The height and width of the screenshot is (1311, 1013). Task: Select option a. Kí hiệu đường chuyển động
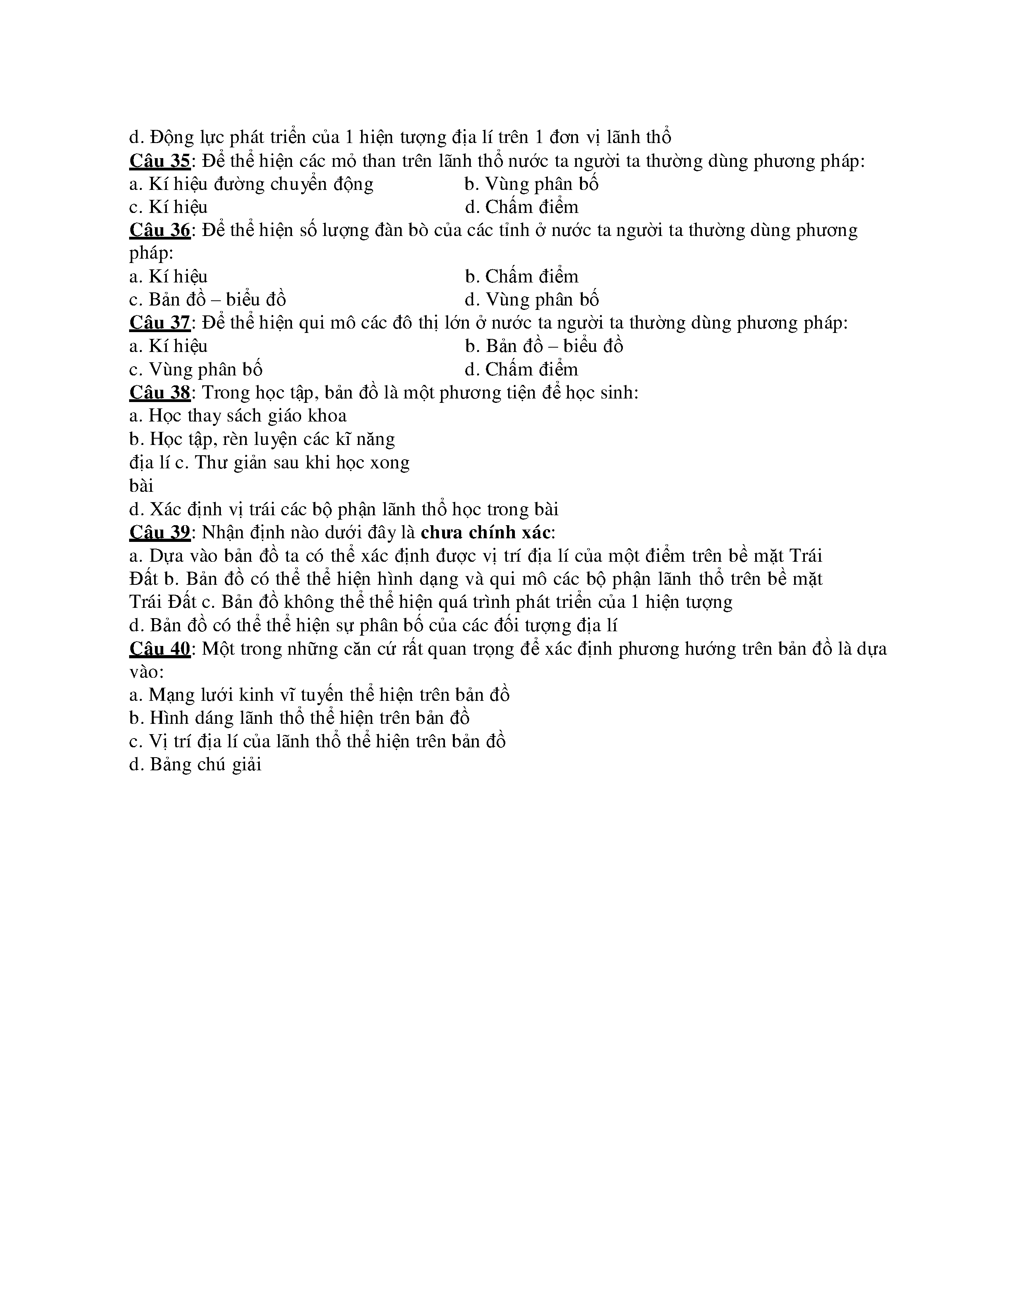tap(251, 184)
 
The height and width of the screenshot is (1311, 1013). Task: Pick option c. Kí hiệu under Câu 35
tap(168, 207)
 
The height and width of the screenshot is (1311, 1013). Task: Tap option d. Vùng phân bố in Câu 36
tap(532, 300)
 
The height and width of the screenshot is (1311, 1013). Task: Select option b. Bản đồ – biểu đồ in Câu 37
tap(544, 346)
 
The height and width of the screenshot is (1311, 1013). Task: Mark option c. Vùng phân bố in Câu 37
tap(195, 369)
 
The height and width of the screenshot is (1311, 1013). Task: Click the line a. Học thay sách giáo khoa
tap(238, 416)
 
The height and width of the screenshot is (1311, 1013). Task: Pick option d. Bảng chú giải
tap(195, 765)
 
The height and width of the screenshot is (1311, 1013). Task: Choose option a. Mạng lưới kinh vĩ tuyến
tap(319, 695)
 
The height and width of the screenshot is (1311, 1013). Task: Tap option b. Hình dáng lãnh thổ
tap(299, 718)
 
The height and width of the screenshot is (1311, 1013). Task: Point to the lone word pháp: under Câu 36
tap(151, 253)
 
